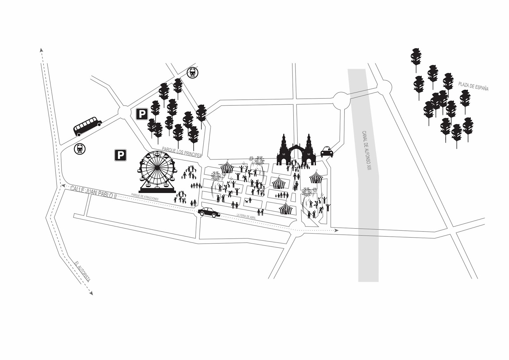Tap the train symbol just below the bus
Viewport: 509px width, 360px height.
(79, 149)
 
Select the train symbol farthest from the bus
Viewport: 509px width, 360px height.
(193, 73)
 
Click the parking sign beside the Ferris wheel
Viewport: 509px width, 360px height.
(121, 155)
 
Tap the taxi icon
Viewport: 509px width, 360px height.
(327, 152)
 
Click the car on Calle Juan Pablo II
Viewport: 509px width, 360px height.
(209, 212)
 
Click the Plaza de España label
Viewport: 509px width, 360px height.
(473, 86)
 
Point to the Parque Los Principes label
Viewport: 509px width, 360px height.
(182, 152)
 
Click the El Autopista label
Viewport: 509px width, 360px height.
(82, 272)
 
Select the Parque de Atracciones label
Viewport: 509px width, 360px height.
(145, 196)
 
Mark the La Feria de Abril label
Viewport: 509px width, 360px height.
(246, 217)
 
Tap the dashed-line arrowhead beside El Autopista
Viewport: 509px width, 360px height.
(91, 293)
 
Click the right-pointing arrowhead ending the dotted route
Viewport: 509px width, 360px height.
(336, 230)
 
